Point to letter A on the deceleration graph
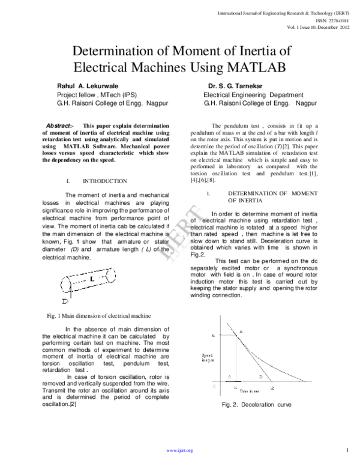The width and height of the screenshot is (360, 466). click(x=241, y=331)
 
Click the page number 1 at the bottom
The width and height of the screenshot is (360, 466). click(x=348, y=450)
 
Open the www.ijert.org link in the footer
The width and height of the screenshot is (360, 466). click(x=180, y=450)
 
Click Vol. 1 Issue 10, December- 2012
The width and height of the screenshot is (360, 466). click(x=317, y=26)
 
